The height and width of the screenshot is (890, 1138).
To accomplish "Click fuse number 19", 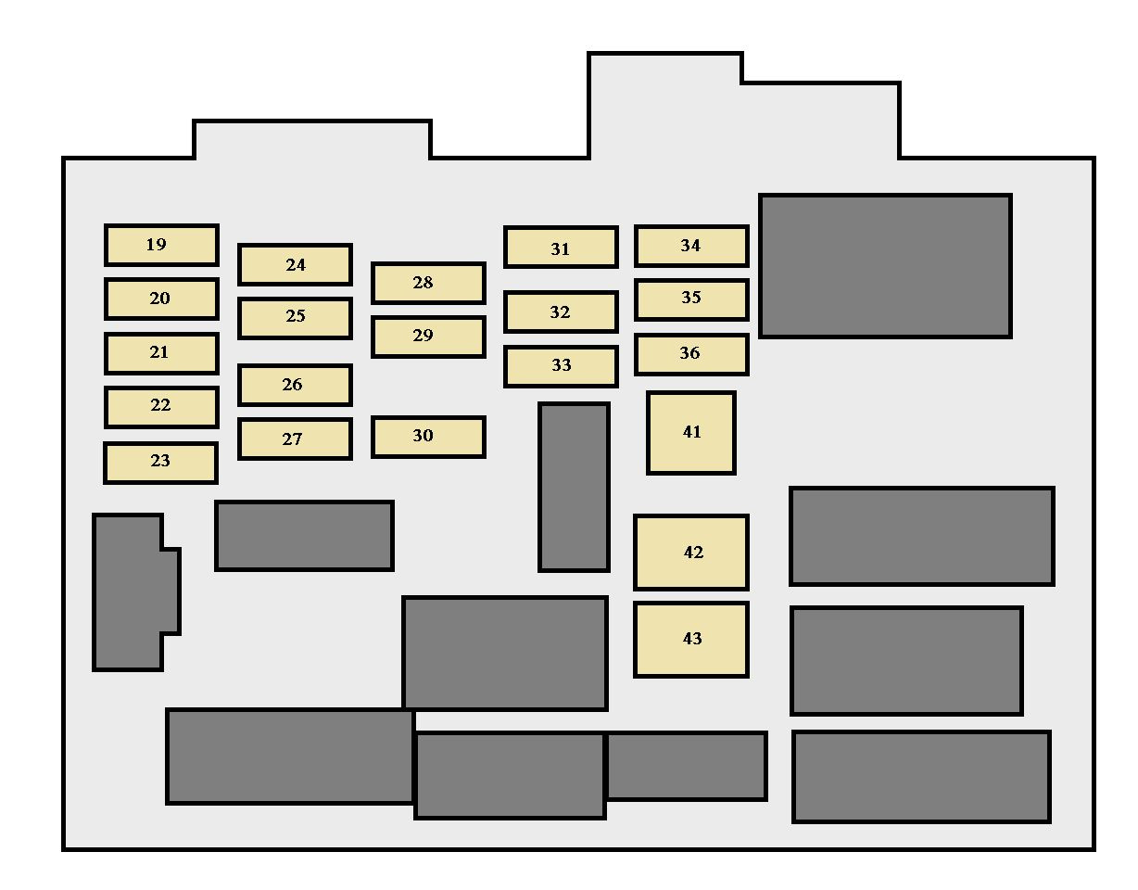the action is (161, 245).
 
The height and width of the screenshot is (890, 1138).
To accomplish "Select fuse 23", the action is (160, 463).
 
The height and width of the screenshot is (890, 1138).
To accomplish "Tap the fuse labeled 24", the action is (295, 264).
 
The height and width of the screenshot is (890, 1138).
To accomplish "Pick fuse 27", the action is (295, 439).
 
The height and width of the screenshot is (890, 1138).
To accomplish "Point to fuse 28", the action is (428, 283).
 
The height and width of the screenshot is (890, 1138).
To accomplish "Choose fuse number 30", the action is (428, 437).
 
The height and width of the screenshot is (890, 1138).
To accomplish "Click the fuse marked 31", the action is (561, 248).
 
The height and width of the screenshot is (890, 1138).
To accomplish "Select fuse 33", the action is (561, 366).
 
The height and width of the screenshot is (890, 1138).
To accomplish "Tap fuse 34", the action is (691, 247).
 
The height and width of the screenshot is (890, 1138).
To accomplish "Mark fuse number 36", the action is (691, 355).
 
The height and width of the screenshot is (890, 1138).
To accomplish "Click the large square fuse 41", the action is (690, 433).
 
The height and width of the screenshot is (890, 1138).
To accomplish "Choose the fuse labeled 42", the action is (690, 553).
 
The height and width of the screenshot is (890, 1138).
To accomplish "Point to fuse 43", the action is (690, 640).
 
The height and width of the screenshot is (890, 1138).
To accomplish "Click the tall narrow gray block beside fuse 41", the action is (574, 487).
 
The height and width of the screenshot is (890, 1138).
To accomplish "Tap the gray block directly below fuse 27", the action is (304, 535).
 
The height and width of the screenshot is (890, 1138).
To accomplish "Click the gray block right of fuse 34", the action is (885, 265).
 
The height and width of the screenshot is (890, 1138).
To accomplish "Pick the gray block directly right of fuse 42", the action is (922, 536).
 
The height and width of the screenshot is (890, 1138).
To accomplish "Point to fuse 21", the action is (161, 353).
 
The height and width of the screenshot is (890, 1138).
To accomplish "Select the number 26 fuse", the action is (295, 385).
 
